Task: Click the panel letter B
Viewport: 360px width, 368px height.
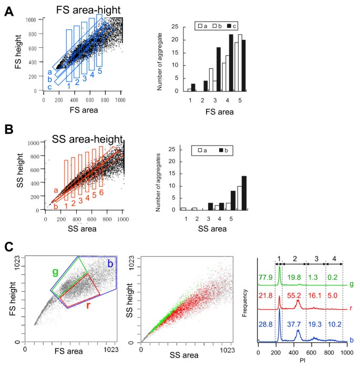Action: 9,129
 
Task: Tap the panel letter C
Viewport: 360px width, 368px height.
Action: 9,246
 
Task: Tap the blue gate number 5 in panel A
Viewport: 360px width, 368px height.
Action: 99,71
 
